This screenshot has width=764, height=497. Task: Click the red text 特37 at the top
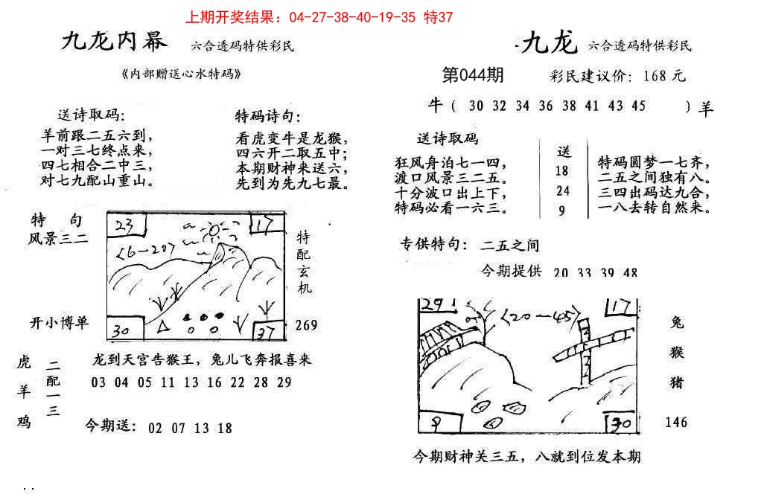(x=437, y=16)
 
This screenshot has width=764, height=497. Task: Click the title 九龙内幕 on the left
(x=114, y=42)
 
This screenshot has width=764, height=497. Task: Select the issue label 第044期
(x=472, y=75)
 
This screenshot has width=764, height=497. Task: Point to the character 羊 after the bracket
(x=706, y=108)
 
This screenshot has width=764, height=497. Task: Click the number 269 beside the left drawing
(x=306, y=325)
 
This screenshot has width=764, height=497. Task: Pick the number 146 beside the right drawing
(x=676, y=422)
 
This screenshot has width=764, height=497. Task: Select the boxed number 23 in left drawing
(x=124, y=224)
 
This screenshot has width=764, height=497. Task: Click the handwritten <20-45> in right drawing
(x=539, y=318)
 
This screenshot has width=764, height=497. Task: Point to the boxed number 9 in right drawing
(x=432, y=423)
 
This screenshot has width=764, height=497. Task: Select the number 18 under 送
(x=563, y=170)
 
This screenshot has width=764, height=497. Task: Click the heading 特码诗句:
(x=268, y=116)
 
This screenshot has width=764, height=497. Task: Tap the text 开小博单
(x=59, y=322)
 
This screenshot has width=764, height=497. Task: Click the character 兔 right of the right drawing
(x=677, y=323)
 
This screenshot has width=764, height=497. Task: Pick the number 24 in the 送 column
(x=563, y=190)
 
